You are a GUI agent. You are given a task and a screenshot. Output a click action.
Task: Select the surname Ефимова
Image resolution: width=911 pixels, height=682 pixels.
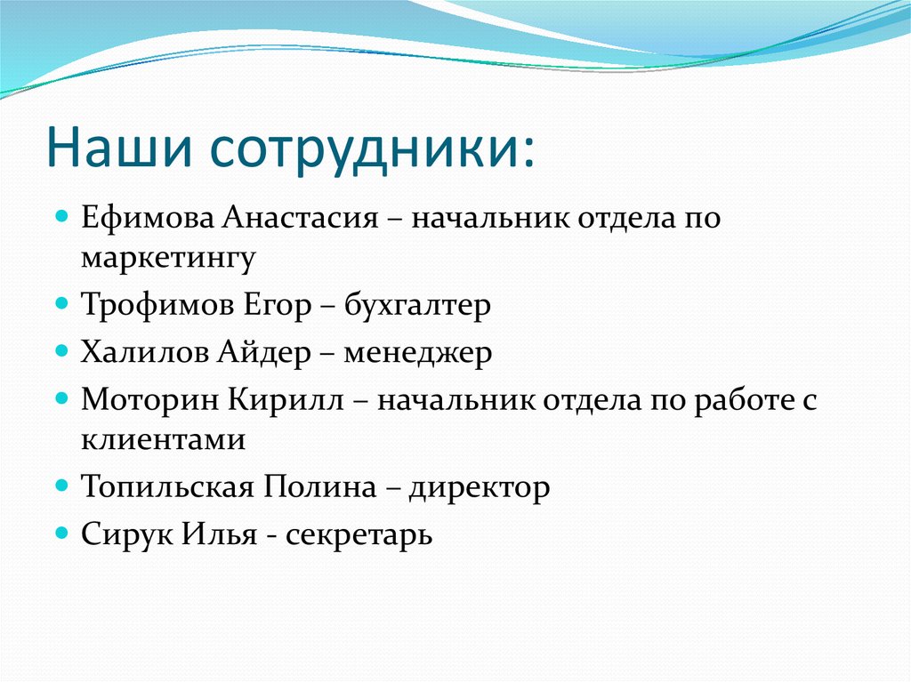(147, 219)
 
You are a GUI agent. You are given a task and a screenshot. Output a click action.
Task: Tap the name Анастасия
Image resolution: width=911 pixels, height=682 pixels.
(301, 219)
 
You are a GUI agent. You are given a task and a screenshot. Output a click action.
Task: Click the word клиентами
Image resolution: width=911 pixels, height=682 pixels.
(163, 439)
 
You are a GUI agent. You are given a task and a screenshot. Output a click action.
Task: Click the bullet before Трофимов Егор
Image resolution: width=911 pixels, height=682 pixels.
(61, 304)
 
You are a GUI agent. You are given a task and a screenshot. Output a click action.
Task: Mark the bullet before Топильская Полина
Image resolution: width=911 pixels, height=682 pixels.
(61, 485)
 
